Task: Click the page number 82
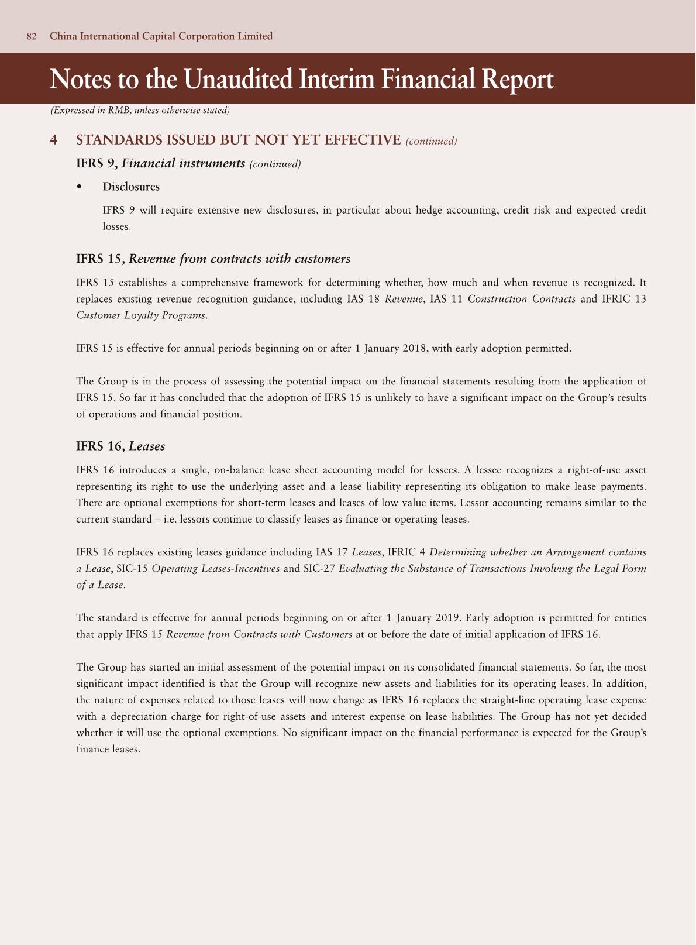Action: pos(32,36)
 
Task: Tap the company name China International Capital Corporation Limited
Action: pos(161,36)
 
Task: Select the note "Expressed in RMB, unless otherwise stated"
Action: pos(140,110)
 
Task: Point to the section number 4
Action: pos(54,140)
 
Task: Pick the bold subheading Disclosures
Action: pos(131,187)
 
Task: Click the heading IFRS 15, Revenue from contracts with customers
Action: pos(213,259)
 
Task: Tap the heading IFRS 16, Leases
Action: pos(120,446)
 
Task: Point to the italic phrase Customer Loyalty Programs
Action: pos(141,315)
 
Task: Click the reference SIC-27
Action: pos(319,568)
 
